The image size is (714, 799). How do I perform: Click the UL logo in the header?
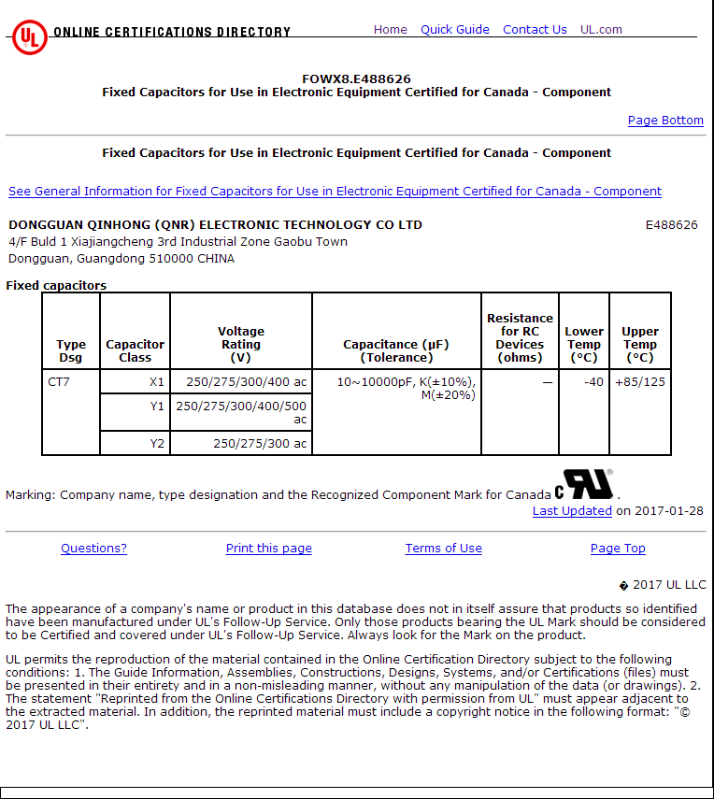click(x=29, y=37)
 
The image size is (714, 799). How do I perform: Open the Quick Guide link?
click(x=454, y=30)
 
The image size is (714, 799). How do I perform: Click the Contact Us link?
click(x=535, y=30)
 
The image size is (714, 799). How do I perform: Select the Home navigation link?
click(x=390, y=30)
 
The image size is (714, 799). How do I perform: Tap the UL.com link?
click(x=601, y=30)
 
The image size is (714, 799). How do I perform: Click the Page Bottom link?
click(x=665, y=121)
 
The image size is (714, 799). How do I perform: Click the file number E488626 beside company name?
click(x=671, y=225)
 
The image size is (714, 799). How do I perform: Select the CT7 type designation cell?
click(x=59, y=381)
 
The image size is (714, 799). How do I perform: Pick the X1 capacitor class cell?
click(x=156, y=381)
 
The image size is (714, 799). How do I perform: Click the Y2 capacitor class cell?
click(x=157, y=444)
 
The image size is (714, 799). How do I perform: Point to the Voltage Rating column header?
click(x=241, y=344)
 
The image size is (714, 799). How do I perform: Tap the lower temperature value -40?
click(x=593, y=381)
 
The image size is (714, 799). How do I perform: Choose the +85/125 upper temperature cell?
click(x=640, y=381)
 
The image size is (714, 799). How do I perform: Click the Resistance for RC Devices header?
click(x=520, y=337)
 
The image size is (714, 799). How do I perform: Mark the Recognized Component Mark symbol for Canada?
click(x=584, y=485)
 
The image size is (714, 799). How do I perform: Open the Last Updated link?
click(x=572, y=511)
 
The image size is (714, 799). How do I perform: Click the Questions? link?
click(x=93, y=549)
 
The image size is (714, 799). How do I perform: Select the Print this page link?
click(x=268, y=549)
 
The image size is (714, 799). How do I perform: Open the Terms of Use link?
click(x=443, y=549)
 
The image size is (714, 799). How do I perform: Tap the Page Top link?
click(x=618, y=549)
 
